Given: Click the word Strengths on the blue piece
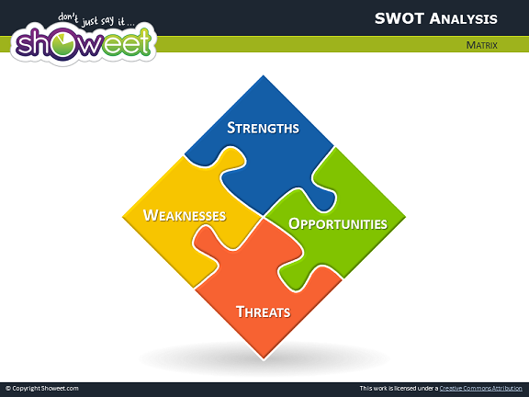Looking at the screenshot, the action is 263,128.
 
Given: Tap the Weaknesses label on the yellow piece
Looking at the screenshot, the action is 185,215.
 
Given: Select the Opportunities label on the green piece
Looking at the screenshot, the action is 338,224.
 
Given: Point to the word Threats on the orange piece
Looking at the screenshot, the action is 264,312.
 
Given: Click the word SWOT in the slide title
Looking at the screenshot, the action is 400,18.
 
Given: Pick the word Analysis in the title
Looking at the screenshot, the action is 464,19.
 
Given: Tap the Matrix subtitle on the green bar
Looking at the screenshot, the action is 482,45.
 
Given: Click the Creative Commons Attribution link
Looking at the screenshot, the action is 480,388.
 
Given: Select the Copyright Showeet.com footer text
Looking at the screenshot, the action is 42,388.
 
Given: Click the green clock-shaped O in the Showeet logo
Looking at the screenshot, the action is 65,44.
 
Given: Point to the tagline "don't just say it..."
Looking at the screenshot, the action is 96,19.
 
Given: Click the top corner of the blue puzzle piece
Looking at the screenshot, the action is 264,75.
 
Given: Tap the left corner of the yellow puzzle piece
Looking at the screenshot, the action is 123,216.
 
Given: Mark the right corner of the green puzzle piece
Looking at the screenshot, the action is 405,217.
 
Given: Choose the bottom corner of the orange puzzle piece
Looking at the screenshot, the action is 264,359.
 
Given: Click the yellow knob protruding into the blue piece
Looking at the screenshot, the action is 231,159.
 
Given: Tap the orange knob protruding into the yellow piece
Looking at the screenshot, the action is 207,239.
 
